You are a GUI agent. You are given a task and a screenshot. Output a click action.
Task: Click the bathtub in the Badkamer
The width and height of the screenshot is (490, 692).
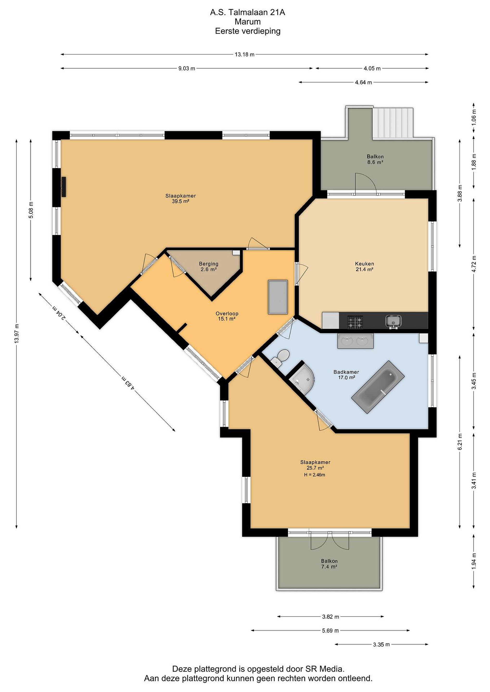click(377, 387)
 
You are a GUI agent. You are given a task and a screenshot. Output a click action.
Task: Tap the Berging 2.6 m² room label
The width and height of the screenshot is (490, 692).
click(209, 266)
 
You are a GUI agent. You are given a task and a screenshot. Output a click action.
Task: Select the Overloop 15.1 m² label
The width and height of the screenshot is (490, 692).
click(227, 316)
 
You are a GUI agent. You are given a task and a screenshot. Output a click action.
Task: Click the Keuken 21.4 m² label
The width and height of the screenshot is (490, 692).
click(364, 266)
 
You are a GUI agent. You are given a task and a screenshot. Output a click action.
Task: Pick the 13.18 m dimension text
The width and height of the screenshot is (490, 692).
click(244, 55)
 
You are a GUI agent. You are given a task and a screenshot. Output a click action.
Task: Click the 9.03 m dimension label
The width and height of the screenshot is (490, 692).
click(187, 68)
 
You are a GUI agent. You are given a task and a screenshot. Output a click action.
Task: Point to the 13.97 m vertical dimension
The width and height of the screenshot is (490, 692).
click(17, 333)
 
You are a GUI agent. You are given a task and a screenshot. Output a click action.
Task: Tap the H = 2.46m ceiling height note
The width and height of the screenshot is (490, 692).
click(315, 475)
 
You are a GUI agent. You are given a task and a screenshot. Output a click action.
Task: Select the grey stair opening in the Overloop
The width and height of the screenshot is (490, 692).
click(278, 297)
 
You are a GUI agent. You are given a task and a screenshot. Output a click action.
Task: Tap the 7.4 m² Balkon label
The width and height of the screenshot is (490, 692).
click(329, 564)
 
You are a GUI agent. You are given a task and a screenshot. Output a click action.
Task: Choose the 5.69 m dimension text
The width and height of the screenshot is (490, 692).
click(330, 630)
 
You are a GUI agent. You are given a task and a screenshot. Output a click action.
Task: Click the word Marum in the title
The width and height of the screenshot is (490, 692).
click(248, 22)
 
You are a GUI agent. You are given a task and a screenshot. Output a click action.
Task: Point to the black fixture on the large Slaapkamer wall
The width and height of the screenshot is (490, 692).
click(64, 187)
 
